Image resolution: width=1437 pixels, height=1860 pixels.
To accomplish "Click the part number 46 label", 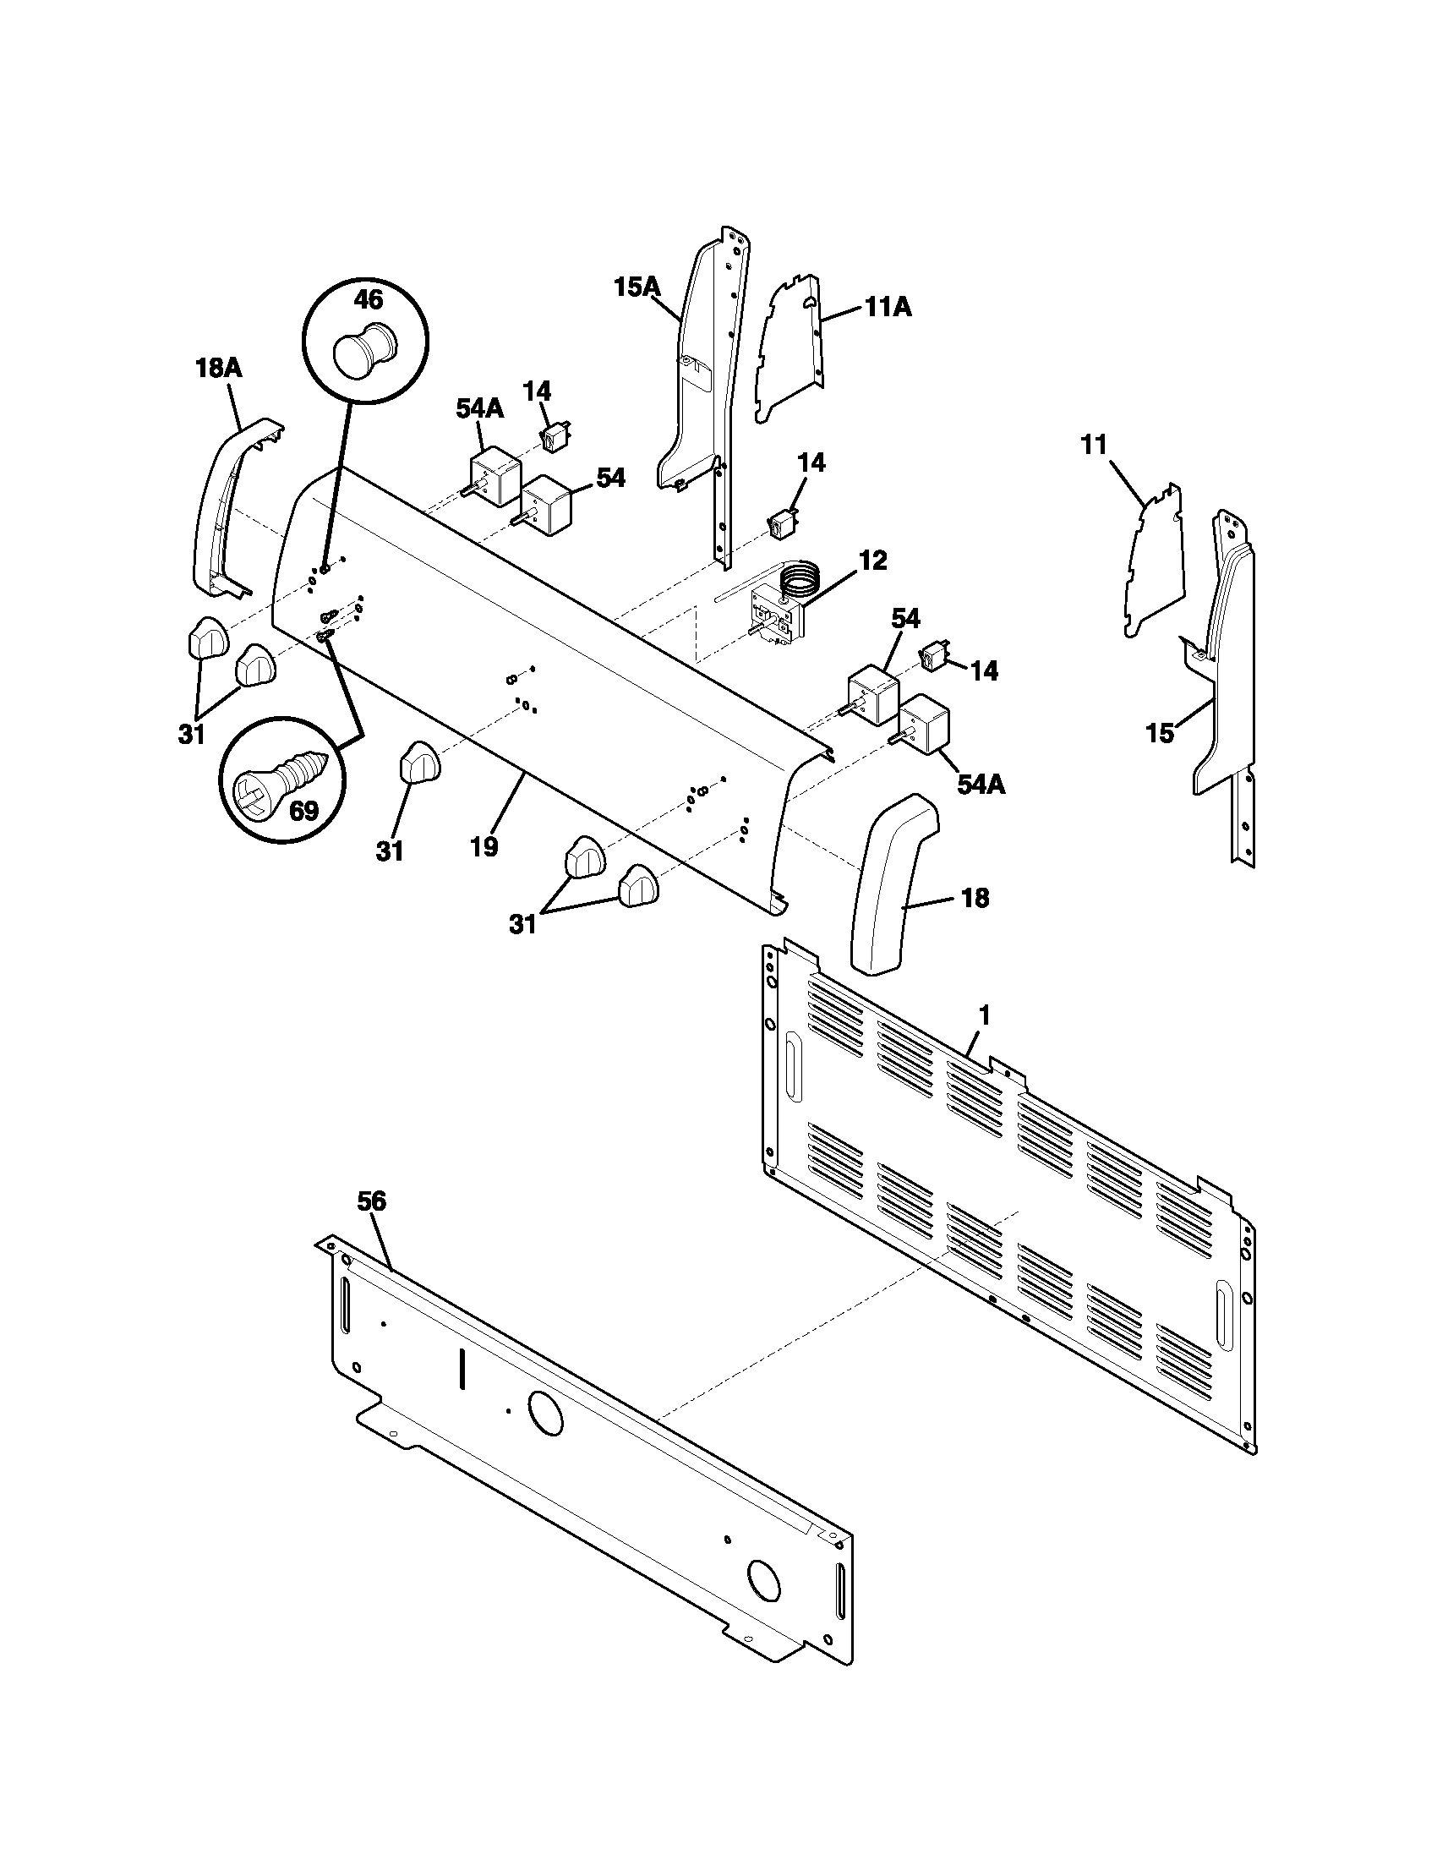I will pos(368,300).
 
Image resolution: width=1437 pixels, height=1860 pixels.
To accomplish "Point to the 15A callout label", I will pos(637,287).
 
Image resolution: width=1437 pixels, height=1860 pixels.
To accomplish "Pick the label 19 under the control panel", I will pos(484,846).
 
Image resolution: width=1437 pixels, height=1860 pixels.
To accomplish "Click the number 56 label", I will pos(371,1201).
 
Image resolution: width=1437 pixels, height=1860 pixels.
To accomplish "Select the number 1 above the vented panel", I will pos(984,1015).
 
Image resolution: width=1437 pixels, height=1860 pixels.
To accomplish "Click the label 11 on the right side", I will pos(1094,445).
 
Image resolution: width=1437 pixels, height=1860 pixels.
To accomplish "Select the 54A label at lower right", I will pos(981,784).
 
